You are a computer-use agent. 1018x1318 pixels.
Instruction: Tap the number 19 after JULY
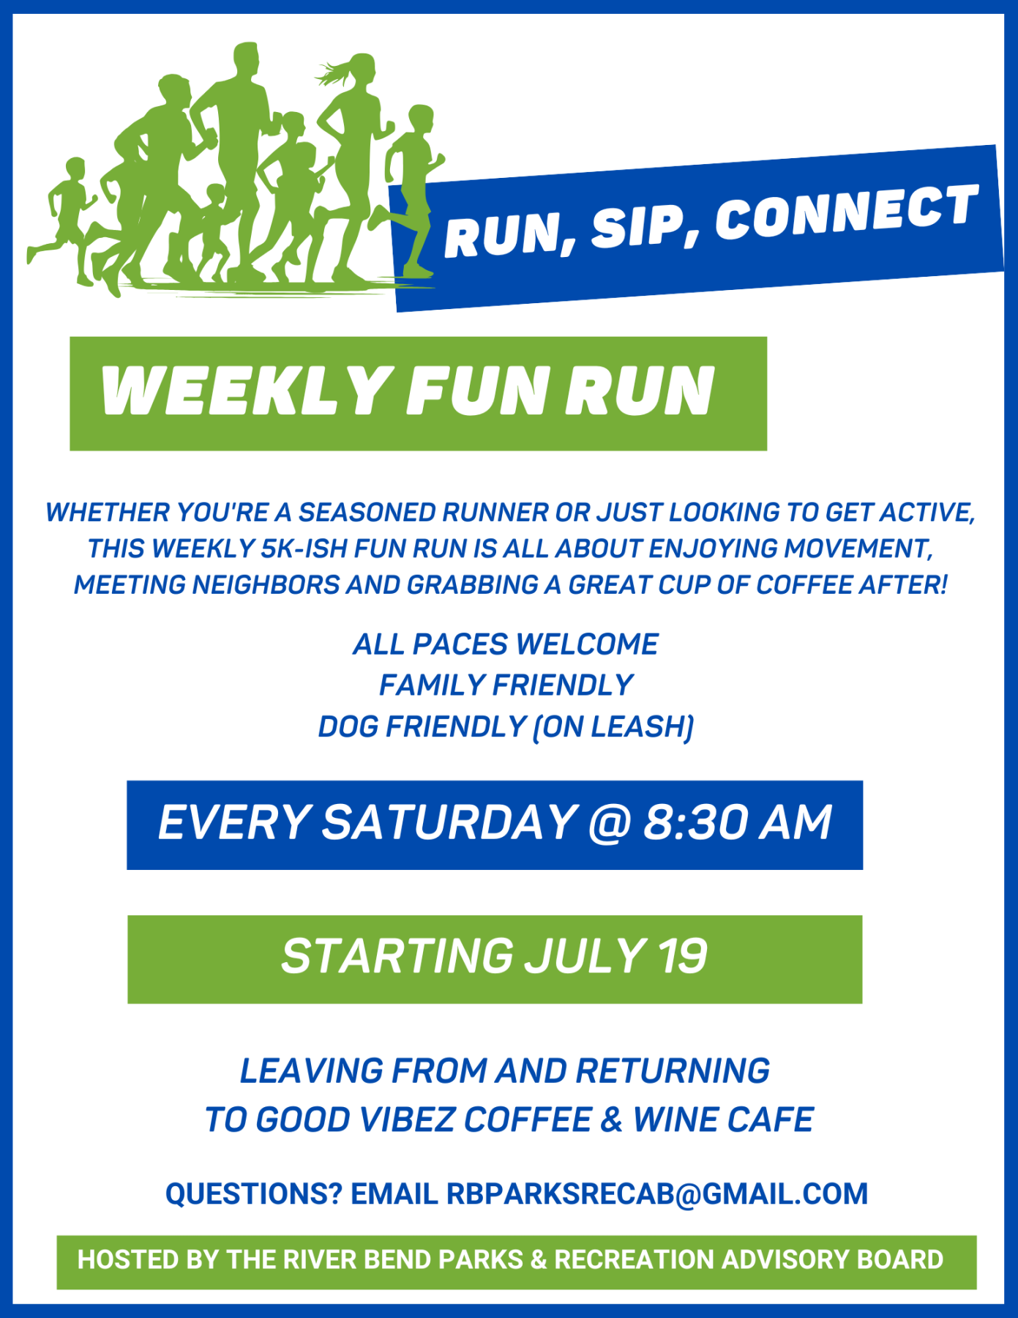(683, 956)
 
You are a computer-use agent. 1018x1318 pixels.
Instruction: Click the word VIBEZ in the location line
(408, 1120)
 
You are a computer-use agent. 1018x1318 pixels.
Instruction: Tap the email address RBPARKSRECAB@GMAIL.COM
(657, 1194)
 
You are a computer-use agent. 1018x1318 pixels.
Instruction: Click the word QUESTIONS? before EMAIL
(253, 1194)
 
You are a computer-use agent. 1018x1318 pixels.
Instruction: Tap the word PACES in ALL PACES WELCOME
(460, 644)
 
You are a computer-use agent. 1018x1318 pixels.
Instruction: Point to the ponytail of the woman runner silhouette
(334, 73)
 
